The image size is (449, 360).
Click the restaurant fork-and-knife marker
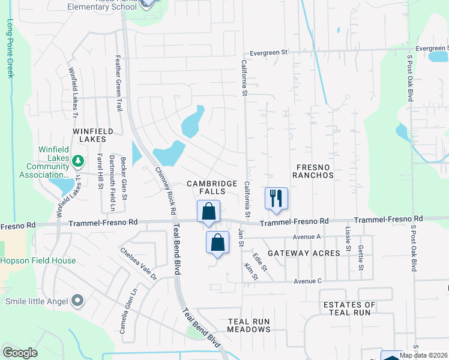[276, 198]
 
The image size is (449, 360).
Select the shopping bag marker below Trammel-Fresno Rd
[217, 242]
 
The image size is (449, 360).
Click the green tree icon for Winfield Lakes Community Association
[77, 161]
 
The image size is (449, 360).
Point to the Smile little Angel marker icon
[77, 300]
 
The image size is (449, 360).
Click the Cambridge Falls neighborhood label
[206, 187]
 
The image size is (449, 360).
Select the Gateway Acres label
[304, 253]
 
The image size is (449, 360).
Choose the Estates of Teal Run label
[349, 308]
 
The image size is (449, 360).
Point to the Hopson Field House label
[38, 261]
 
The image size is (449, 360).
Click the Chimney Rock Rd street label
[166, 190]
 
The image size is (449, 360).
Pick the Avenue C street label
[307, 281]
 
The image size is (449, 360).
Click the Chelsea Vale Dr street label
[138, 265]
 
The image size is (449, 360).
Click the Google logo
[20, 353]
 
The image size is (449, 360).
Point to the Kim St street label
[251, 271]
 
